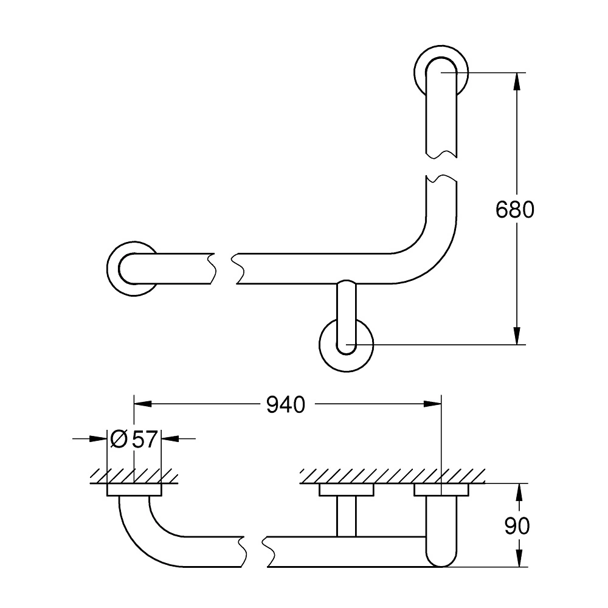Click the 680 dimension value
pos(514,210)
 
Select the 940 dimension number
pos(286,405)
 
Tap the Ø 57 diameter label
pos(134,440)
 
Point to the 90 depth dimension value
pos(517,526)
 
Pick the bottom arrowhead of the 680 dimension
pos(516,336)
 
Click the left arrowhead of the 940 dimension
pos(143,404)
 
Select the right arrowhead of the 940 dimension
pos(432,404)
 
